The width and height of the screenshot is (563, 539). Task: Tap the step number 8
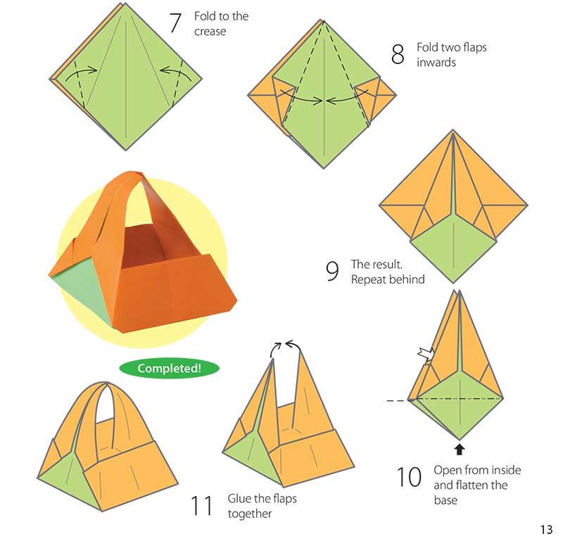point(398,54)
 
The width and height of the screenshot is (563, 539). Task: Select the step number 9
point(333,272)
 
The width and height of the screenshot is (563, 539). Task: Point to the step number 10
point(409,478)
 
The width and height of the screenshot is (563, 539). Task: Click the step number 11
point(202,505)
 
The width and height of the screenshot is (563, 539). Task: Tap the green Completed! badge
point(168,368)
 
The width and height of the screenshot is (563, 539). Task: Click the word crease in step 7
point(210,31)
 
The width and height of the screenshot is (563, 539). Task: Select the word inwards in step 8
point(436,62)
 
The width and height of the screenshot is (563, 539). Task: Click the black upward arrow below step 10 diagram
point(459,446)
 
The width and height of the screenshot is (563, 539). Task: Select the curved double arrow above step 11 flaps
point(286,344)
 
